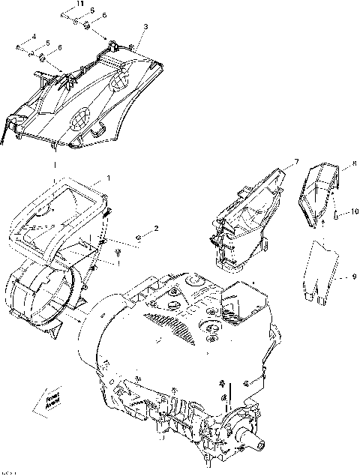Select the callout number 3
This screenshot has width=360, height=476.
(x=146, y=27)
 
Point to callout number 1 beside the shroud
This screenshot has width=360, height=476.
(x=109, y=178)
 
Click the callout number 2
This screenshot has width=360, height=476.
(x=156, y=227)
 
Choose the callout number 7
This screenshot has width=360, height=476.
(x=296, y=161)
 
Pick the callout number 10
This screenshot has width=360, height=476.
(x=352, y=212)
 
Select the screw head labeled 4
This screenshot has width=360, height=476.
(x=17, y=47)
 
